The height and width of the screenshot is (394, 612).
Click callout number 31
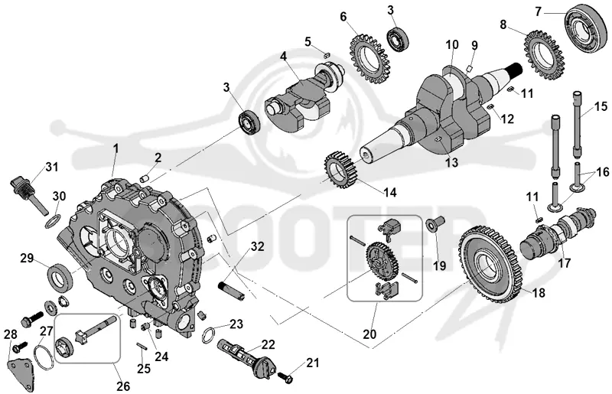(x=52, y=167)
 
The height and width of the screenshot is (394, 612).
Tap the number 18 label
(x=539, y=292)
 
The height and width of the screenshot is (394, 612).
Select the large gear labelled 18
(x=490, y=265)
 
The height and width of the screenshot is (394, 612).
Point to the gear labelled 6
(x=367, y=60)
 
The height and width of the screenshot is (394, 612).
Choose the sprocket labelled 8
(x=545, y=54)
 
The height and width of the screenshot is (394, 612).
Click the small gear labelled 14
(x=340, y=171)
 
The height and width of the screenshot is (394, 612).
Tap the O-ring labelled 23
(x=210, y=335)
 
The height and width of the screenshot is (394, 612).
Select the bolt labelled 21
(x=285, y=378)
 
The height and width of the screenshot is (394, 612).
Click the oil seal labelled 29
(x=60, y=277)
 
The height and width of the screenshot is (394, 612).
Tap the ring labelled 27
(x=34, y=357)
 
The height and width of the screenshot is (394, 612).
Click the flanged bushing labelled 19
(x=433, y=223)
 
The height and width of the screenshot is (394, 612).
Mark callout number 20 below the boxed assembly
(x=370, y=334)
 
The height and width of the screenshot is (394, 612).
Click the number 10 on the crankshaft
(x=452, y=44)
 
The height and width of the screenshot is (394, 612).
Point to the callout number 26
(x=123, y=386)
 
